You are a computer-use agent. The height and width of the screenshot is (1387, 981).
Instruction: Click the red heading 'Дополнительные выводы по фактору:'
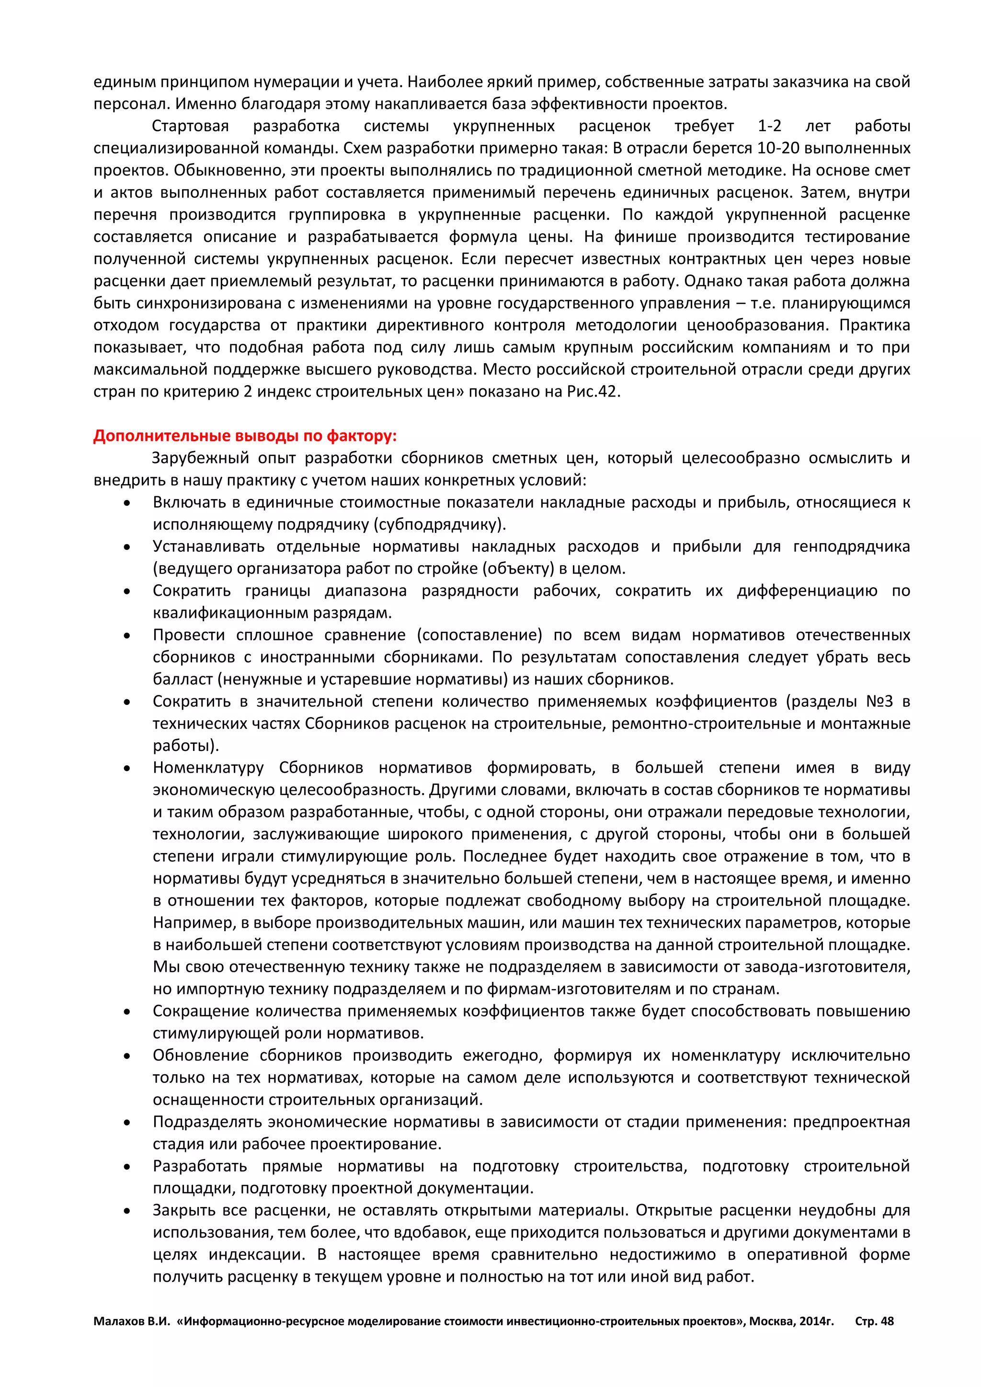click(245, 436)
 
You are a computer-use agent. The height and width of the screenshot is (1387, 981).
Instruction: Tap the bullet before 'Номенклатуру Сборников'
click(127, 768)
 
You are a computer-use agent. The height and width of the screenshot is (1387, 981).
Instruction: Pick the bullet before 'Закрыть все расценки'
click(127, 1211)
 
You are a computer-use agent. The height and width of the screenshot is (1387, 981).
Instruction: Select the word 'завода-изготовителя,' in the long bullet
click(843, 966)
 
